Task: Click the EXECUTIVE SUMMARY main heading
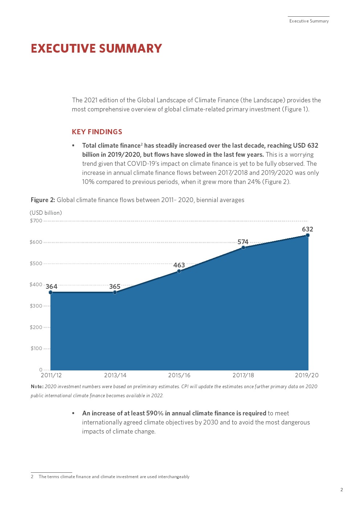click(x=96, y=48)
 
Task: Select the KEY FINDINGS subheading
click(x=97, y=132)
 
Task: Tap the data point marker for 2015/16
click(x=179, y=271)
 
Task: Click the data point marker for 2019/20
click(x=307, y=235)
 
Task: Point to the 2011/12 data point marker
click(x=50, y=292)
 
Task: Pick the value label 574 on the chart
click(x=243, y=242)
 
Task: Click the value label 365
click(x=115, y=287)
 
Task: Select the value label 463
click(x=179, y=265)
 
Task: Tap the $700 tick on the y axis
click(x=36, y=221)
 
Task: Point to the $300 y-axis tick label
click(x=36, y=306)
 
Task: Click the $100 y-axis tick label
click(x=36, y=348)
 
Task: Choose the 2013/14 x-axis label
click(x=115, y=375)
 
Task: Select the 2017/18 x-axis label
click(x=243, y=375)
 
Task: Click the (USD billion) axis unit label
click(x=46, y=213)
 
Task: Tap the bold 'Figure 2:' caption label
click(x=43, y=200)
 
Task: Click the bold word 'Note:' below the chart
click(x=37, y=386)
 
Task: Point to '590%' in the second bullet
click(x=155, y=413)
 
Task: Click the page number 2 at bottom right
click(x=341, y=490)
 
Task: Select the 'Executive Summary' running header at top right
click(x=309, y=21)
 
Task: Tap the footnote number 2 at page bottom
click(x=32, y=477)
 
